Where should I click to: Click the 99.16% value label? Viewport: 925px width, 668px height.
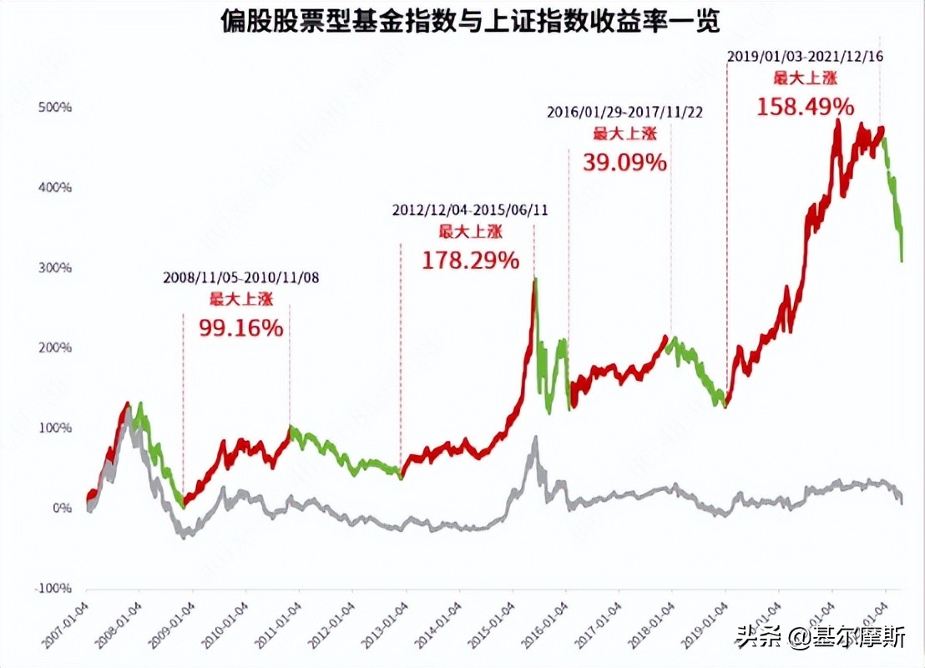[x=241, y=328]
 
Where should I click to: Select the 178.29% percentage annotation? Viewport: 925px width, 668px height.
[x=470, y=261]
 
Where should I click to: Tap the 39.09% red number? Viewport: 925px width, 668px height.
[x=624, y=162]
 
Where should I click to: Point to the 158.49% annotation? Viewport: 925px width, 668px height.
[x=805, y=107]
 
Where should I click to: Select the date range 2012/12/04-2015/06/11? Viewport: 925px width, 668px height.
[x=470, y=210]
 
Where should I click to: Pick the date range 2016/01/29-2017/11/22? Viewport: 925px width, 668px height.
[x=624, y=111]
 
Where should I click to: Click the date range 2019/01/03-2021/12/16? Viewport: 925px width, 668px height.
[x=805, y=57]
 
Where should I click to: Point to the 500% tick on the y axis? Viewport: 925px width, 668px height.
[x=55, y=108]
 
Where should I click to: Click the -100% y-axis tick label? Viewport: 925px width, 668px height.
[x=53, y=589]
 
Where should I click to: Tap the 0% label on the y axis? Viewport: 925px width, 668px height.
[x=60, y=509]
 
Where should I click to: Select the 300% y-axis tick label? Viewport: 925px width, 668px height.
[x=55, y=268]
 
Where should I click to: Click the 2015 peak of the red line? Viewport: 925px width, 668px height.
[x=534, y=280]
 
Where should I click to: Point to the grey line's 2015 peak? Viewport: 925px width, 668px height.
[x=535, y=438]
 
